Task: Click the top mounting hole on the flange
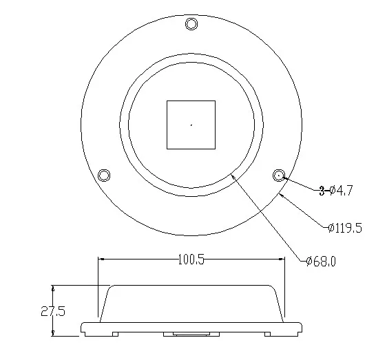coord(191,25)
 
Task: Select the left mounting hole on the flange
coord(105,174)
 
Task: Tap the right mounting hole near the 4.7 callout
coord(279,175)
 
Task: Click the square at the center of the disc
coord(191,125)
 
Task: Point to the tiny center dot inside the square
coord(191,125)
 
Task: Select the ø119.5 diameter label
coord(345,227)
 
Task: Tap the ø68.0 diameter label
coord(321,260)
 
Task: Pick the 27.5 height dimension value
coord(52,311)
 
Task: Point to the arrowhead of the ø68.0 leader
coord(233,176)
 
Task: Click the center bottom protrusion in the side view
coord(191,335)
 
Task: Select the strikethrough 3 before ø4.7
coord(322,191)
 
